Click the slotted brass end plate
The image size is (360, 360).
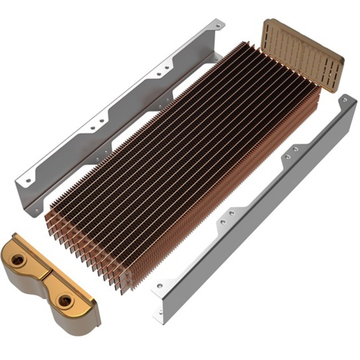pyautogui.click(x=303, y=54)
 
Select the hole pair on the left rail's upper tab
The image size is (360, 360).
pyautogui.click(x=163, y=70)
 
